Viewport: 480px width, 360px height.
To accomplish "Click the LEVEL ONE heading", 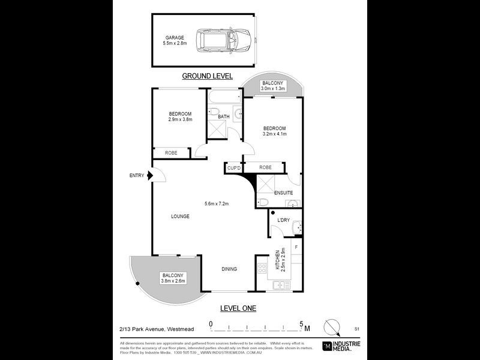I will point(238,308).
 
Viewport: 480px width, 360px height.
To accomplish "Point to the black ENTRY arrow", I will point(151,175).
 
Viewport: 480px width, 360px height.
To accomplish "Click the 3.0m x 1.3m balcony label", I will point(273,86).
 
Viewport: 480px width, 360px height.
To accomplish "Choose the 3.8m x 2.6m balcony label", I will point(173,277).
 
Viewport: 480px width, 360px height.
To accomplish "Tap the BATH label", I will point(224,116).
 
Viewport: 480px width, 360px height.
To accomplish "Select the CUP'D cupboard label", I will point(234,169).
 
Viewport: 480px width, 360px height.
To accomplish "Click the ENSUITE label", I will point(284,193).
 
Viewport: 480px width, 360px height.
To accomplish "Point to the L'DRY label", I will point(283,220).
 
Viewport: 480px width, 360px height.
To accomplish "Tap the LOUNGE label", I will point(180,216).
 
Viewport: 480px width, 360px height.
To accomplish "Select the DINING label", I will point(229,269).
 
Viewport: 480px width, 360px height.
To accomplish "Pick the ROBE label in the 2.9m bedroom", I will point(171,154).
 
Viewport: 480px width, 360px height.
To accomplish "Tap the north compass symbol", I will point(331,328).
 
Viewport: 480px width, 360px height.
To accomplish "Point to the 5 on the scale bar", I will point(301,324).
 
